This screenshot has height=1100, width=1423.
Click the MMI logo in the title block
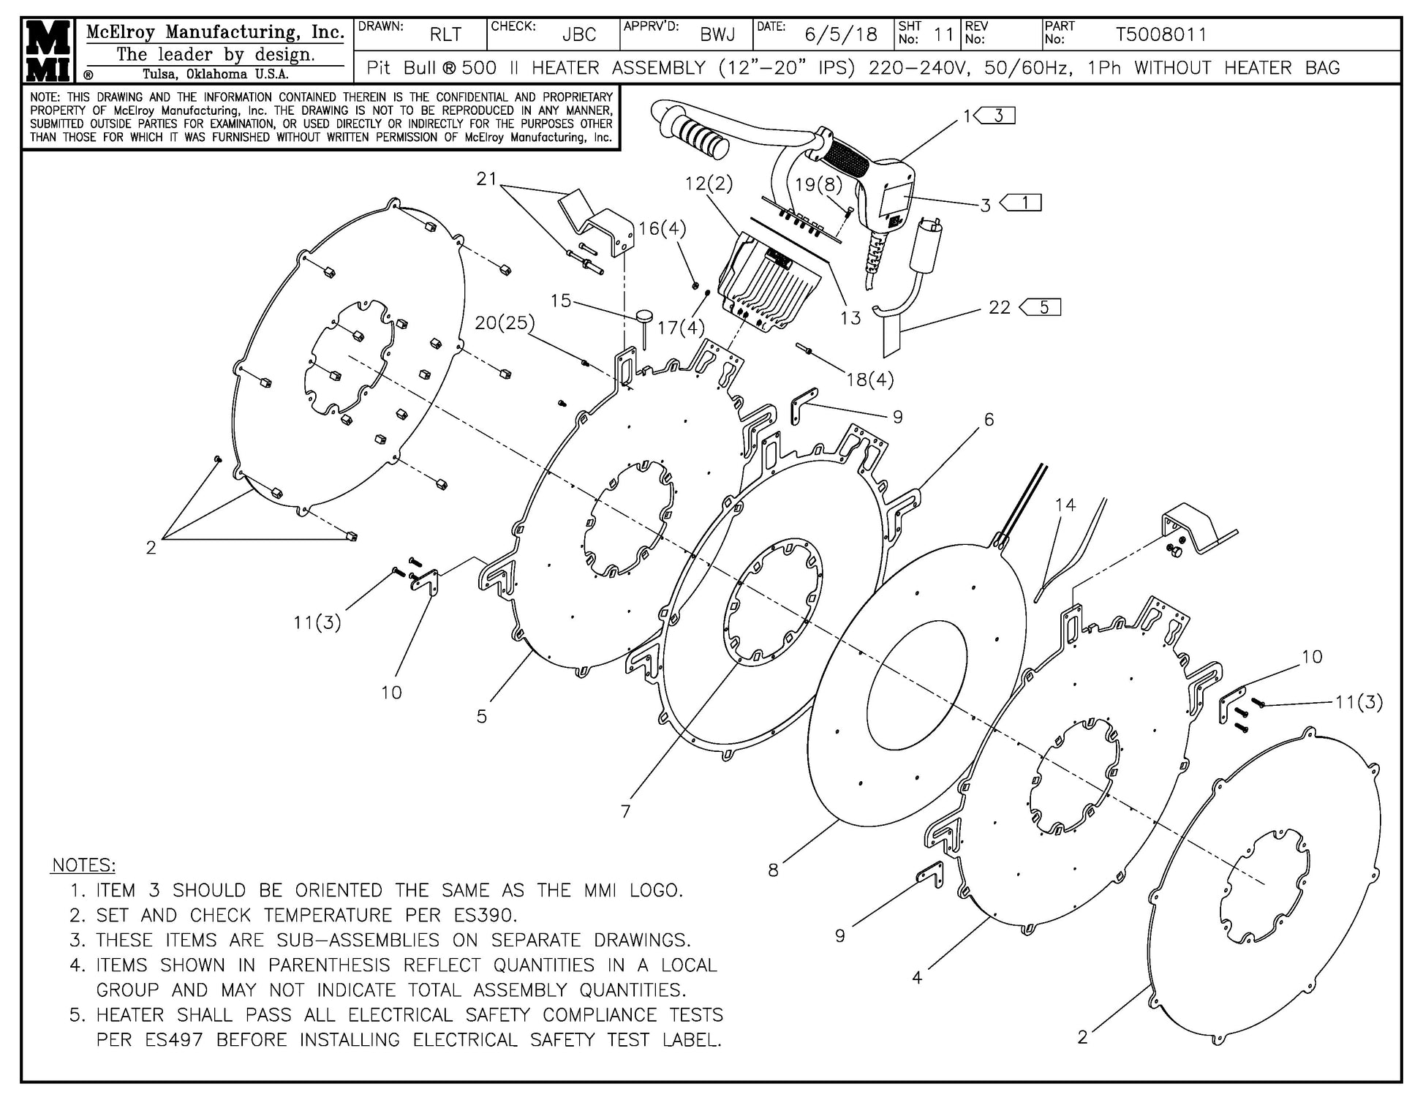tap(48, 50)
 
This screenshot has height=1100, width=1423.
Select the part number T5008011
tap(1160, 34)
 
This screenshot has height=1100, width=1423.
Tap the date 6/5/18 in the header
tap(840, 34)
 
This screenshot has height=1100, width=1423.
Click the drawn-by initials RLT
tap(445, 34)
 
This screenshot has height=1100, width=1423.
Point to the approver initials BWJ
tap(717, 34)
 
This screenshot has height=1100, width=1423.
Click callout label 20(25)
tap(505, 323)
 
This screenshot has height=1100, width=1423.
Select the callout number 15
tap(561, 301)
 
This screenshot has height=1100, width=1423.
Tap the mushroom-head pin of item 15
tap(645, 317)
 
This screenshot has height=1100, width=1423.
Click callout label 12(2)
tap(708, 183)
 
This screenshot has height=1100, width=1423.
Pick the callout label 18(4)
tap(869, 379)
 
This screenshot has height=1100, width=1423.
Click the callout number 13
tap(850, 317)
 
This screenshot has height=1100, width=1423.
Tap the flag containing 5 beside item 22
tap(1042, 307)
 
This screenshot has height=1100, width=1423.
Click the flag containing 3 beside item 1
tap(997, 116)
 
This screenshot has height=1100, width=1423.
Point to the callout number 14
tap(1065, 505)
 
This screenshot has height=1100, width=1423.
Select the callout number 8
tap(773, 870)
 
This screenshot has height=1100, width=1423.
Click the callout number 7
tap(625, 811)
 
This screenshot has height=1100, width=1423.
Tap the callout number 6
tap(989, 419)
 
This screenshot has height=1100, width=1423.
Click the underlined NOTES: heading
tap(83, 865)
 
